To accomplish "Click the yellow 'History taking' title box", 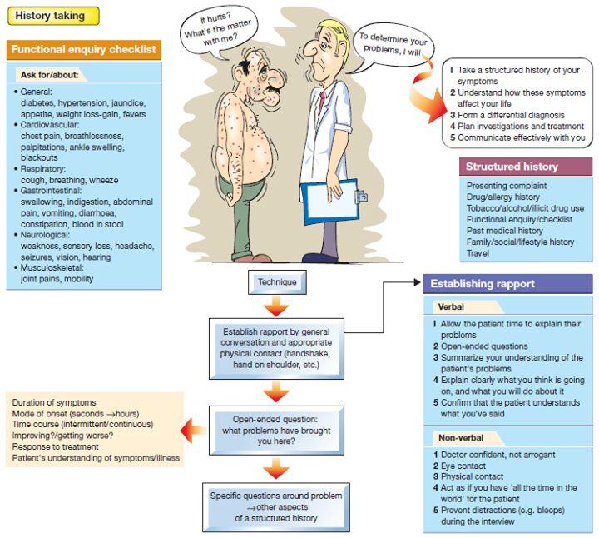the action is (x=53, y=16).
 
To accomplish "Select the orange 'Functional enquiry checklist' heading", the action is (x=84, y=50).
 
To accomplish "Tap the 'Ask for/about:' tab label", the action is (x=50, y=75).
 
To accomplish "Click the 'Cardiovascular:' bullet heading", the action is (x=50, y=125).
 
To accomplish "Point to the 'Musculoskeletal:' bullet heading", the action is (x=52, y=267).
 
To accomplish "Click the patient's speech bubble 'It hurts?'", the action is (x=218, y=32).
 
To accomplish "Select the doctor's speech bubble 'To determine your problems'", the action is (x=393, y=45).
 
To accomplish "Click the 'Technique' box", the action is (x=277, y=282).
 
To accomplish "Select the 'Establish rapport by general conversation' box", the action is (x=276, y=348).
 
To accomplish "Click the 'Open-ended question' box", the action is (x=276, y=431).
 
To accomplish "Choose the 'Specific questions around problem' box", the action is (x=276, y=507).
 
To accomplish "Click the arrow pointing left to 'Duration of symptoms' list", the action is (x=193, y=431).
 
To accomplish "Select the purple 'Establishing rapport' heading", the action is (x=507, y=284).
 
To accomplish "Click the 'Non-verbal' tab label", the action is (x=461, y=438).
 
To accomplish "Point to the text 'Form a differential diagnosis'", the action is (x=511, y=115).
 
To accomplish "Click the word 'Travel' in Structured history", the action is (x=478, y=253).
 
